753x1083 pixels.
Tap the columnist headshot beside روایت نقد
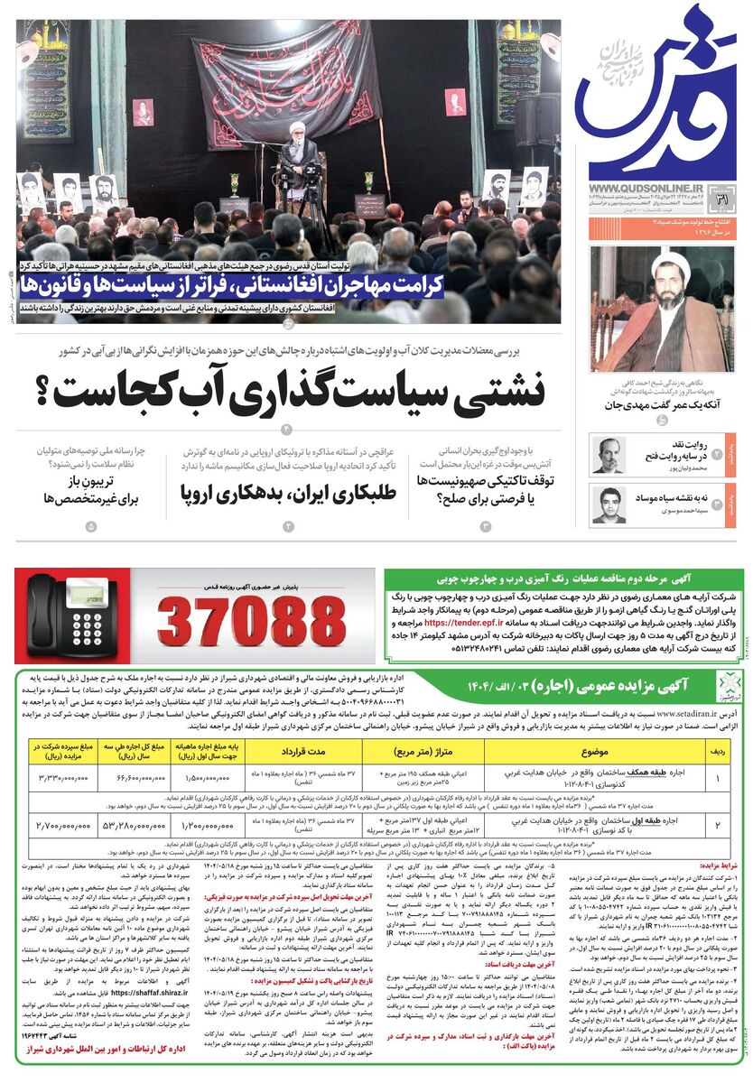pyautogui.click(x=608, y=455)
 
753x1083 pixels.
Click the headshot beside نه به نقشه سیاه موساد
pyautogui.click(x=608, y=505)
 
